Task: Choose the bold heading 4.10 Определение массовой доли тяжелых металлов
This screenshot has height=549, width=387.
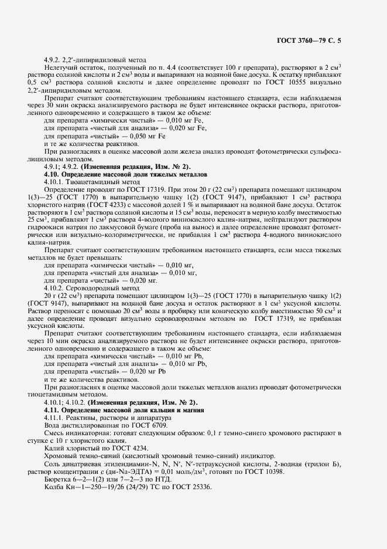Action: point(125,175)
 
